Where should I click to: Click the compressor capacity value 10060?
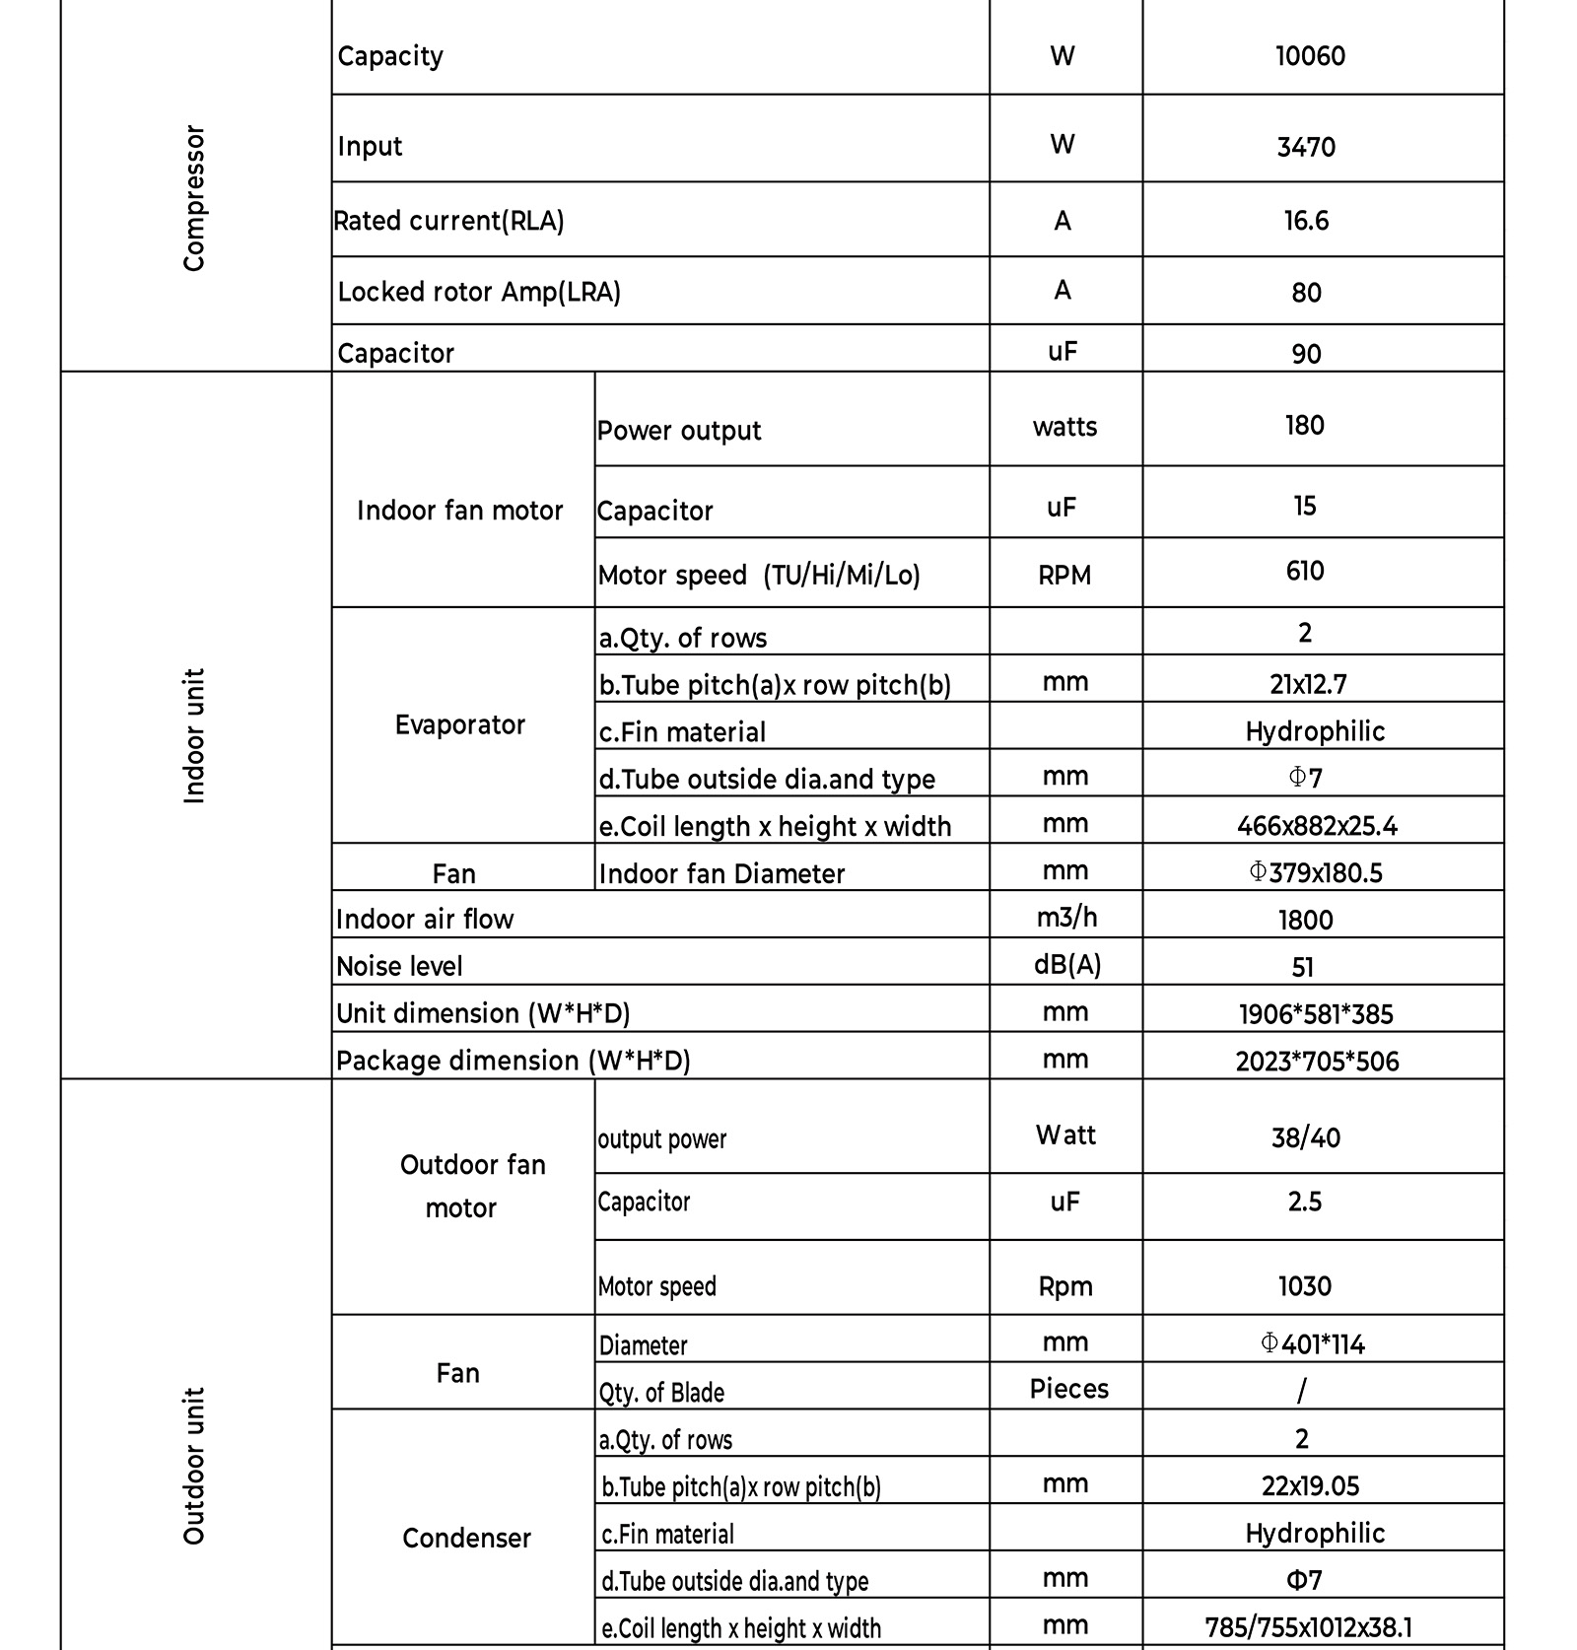click(x=1310, y=56)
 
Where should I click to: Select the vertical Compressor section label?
click(x=194, y=198)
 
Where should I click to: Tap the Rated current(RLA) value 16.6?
click(x=1306, y=221)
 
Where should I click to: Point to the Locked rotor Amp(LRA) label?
click(x=479, y=292)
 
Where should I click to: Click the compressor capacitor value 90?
click(x=1306, y=353)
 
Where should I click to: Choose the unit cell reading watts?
click(x=1064, y=427)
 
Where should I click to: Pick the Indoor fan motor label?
click(x=459, y=511)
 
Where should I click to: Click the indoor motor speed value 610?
click(x=1305, y=571)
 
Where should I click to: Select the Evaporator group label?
click(x=459, y=725)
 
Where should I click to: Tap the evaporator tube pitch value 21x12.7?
click(x=1308, y=684)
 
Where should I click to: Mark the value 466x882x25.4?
click(x=1317, y=826)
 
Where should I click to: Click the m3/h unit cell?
click(x=1065, y=918)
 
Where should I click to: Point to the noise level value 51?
click(x=1303, y=967)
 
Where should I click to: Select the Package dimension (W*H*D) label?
click(x=513, y=1061)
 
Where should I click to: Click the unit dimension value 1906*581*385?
click(x=1316, y=1014)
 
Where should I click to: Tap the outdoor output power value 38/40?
click(x=1306, y=1138)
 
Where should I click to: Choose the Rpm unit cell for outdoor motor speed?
click(x=1065, y=1286)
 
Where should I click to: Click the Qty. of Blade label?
click(x=661, y=1392)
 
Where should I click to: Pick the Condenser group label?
click(x=466, y=1538)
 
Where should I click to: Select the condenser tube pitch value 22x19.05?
click(x=1310, y=1486)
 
